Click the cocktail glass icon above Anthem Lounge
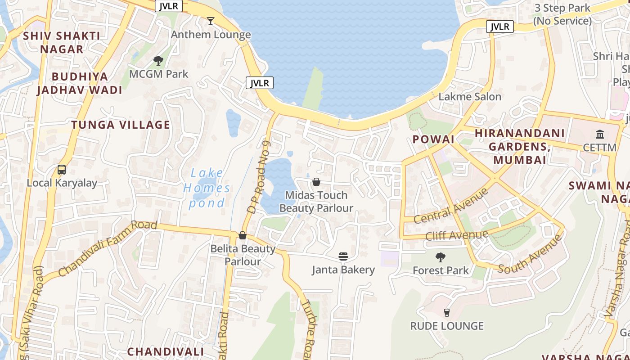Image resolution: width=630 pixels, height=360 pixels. (210, 21)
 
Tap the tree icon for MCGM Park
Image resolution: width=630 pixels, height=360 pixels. (158, 60)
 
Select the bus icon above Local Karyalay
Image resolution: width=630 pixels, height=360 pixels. (62, 170)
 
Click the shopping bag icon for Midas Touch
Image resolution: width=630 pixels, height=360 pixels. (316, 182)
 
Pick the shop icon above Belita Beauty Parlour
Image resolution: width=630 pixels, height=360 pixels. (243, 235)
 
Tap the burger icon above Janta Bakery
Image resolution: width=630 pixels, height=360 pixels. (343, 256)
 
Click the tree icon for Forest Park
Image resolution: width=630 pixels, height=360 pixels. (441, 257)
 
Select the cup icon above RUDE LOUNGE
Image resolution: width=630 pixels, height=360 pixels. (447, 312)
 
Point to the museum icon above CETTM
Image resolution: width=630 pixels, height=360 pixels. (600, 134)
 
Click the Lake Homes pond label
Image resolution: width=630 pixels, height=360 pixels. (207, 188)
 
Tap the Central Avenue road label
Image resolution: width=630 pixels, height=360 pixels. (451, 206)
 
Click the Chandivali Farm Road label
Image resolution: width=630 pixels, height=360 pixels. (108, 248)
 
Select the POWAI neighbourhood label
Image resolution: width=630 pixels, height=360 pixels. (433, 139)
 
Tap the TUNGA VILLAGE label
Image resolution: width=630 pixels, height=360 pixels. (121, 125)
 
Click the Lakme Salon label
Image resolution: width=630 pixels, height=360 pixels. (470, 96)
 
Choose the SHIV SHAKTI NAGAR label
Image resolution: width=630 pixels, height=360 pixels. (62, 42)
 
